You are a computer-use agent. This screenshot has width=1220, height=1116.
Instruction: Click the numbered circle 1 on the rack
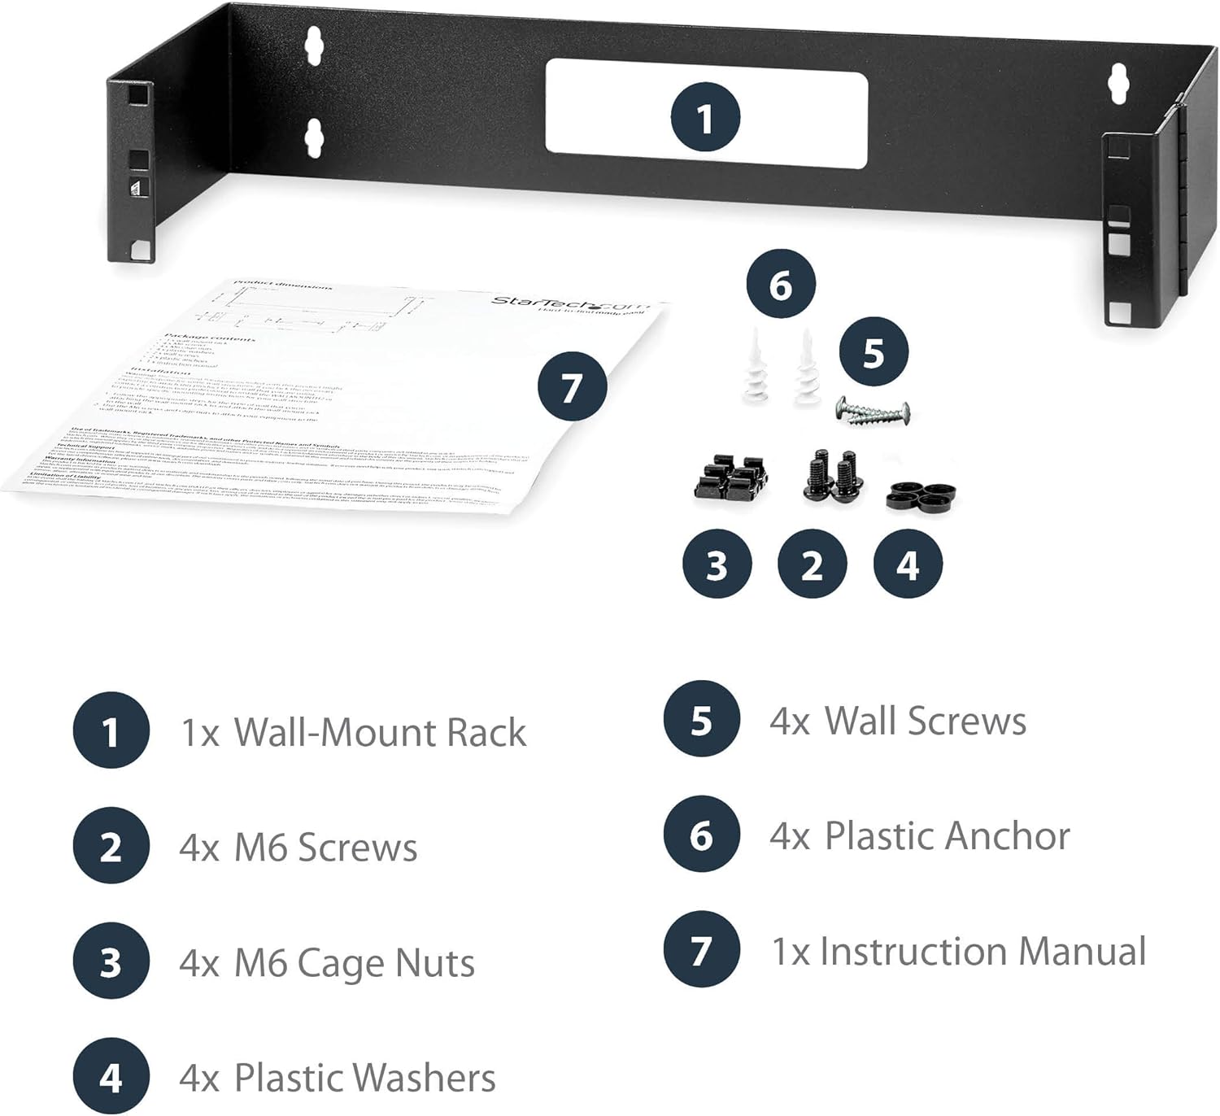tap(705, 117)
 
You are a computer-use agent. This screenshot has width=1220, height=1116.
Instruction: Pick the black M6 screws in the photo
tap(828, 475)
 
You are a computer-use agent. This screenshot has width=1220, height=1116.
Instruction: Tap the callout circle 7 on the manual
tap(572, 386)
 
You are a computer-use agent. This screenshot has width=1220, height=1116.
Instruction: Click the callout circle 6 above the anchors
tap(780, 285)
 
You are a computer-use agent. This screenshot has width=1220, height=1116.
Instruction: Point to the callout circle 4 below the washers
tap(907, 564)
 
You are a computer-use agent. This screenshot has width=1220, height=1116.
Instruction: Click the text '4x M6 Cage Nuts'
tap(327, 963)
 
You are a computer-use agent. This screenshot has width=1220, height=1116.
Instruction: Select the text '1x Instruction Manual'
tap(958, 951)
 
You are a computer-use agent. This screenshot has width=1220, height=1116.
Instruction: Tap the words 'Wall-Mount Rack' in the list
tap(380, 732)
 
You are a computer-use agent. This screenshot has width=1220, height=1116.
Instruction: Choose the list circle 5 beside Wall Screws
tap(701, 720)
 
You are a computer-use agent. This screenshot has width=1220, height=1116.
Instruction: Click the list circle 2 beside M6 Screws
tap(111, 848)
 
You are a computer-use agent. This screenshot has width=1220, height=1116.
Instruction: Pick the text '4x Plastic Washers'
tap(338, 1078)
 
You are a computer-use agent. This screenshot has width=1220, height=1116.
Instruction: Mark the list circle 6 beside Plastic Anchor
tap(701, 835)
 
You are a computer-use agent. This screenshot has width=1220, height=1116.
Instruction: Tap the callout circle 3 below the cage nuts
tap(717, 564)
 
